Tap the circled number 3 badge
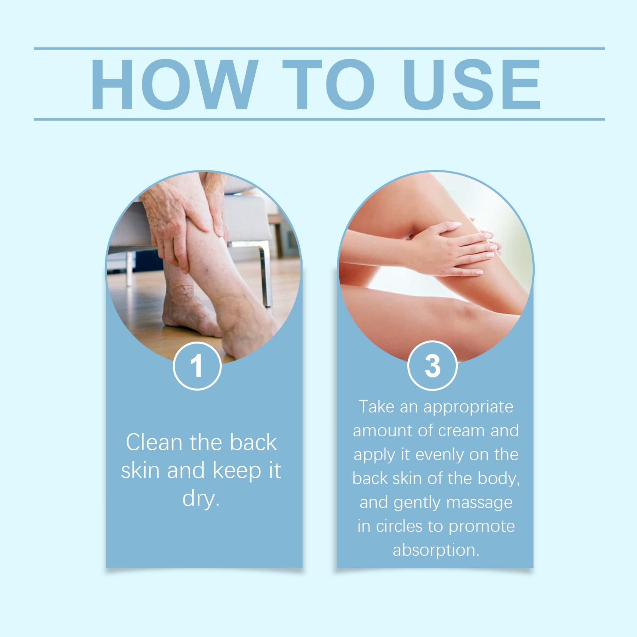[x=432, y=366]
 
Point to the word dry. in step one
[x=201, y=498]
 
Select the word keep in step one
[x=235, y=471]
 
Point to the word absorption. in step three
[x=436, y=551]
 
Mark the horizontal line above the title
[x=319, y=49]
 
